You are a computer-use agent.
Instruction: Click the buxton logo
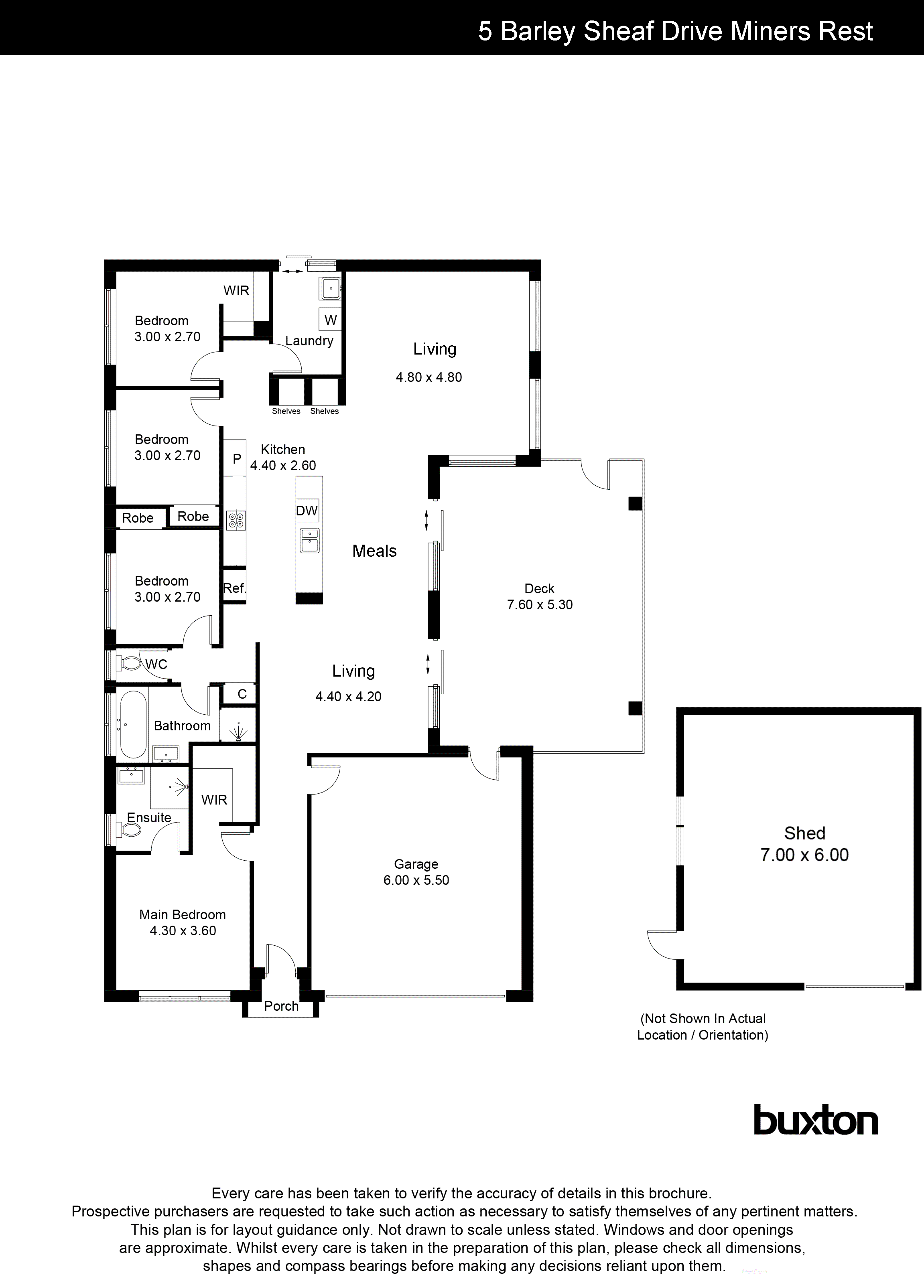point(815,1119)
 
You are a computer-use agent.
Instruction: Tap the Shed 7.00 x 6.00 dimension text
point(804,855)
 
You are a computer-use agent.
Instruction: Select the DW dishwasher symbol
point(307,511)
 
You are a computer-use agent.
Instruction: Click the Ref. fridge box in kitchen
point(234,588)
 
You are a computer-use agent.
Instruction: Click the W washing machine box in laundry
point(331,320)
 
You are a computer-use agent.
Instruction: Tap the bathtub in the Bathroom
point(133,724)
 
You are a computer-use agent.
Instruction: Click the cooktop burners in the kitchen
point(236,520)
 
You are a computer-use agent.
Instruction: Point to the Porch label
point(281,1006)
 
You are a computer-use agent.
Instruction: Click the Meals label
point(375,551)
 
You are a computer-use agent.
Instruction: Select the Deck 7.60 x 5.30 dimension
point(540,604)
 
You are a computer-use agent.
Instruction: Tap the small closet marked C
point(242,693)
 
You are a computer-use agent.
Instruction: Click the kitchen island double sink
point(309,540)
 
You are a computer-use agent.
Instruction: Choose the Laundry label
point(309,341)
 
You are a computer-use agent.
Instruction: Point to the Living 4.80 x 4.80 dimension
point(429,377)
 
